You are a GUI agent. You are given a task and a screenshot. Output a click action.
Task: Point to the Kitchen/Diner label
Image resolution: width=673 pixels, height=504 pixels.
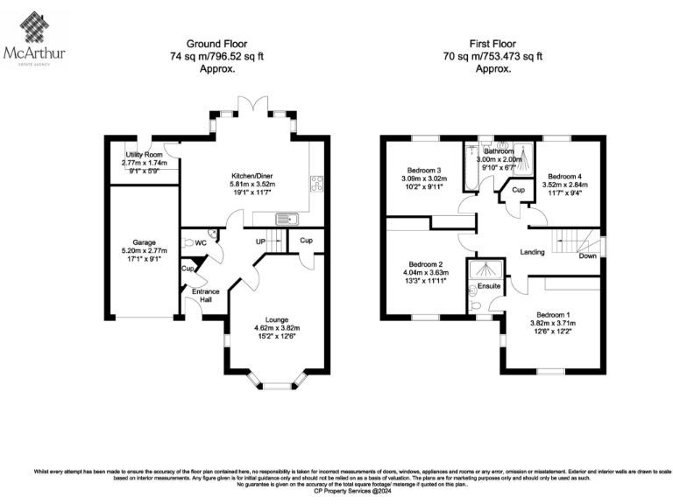[228, 175]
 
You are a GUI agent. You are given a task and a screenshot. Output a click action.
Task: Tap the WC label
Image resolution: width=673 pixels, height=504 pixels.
[201, 242]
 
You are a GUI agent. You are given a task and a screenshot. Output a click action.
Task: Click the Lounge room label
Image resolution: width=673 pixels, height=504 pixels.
[277, 319]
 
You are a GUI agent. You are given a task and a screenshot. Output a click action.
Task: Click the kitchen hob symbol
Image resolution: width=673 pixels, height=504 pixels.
[315, 184]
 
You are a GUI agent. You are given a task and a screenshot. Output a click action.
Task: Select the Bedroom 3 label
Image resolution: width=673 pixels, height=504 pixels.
[423, 170]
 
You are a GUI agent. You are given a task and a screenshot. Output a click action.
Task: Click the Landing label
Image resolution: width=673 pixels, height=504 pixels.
[532, 252]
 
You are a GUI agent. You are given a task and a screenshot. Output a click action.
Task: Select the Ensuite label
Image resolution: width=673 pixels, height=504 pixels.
[488, 286]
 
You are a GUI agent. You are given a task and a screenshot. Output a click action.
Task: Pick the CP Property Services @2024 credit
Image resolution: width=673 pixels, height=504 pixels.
[336, 493]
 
